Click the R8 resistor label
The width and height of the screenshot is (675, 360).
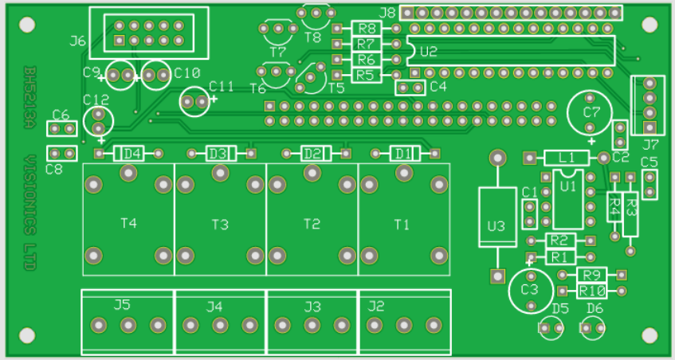pos(367,29)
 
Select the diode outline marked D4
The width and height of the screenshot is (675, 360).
pos(129,154)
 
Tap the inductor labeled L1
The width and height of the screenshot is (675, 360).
pos(566,158)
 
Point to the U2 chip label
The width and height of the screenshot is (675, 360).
pos(429,52)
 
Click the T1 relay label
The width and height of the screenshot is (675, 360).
pos(402,224)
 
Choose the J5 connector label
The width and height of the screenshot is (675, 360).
pos(122,305)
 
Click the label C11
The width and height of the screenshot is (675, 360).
pos(222,87)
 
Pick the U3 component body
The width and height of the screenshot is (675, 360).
pos(497,217)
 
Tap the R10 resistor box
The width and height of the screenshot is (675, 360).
pos(592,292)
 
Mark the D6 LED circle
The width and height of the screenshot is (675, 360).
pos(592,327)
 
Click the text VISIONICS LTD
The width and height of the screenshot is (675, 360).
pos(29,213)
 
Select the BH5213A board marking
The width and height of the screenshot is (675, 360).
pos(29,97)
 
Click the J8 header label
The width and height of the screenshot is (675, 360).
pos(387,13)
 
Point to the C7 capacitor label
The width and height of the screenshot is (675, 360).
pos(591,112)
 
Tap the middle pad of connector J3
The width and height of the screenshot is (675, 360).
pos(312,325)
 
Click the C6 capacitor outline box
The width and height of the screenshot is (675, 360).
pos(62,128)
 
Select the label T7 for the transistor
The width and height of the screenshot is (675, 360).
pos(278,53)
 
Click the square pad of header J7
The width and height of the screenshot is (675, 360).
pos(649,127)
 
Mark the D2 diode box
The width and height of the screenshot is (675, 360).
pos(316,154)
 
